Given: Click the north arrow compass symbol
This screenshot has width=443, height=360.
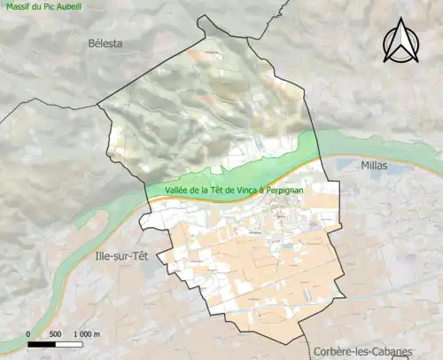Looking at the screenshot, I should (x=400, y=44).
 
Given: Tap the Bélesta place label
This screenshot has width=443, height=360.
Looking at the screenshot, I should (x=105, y=43).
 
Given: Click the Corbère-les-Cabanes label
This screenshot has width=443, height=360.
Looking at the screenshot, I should (x=362, y=351).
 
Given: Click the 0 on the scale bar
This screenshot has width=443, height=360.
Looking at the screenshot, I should (x=28, y=333).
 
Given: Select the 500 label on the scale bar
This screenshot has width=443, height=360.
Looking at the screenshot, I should (x=55, y=333).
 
